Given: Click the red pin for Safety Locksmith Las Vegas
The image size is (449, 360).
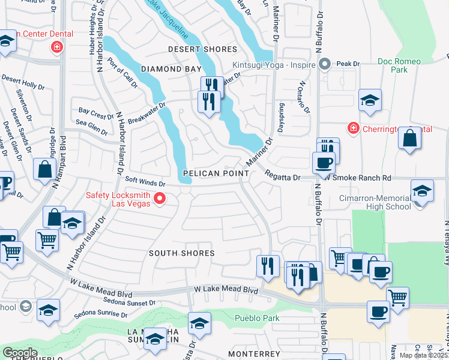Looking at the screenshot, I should [x=160, y=198].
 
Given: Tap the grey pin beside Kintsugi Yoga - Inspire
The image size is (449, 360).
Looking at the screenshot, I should [x=325, y=63].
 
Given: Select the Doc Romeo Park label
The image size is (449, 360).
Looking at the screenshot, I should [x=393, y=65].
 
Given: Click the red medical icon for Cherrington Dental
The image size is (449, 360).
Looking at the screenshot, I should [x=354, y=128].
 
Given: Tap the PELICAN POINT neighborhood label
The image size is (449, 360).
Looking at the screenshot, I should [x=216, y=173].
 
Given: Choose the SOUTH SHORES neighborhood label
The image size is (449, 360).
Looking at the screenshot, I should [x=182, y=253].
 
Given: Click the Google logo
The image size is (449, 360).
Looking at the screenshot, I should [x=20, y=352].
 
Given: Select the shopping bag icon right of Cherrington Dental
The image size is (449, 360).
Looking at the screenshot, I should [x=410, y=137].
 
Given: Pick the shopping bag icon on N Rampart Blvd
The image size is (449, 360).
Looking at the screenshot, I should [x=44, y=169].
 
